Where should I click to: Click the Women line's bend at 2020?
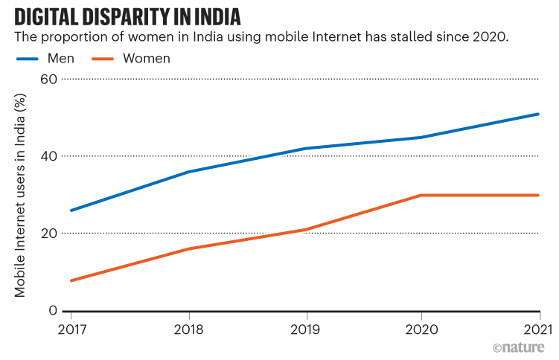point(421,195)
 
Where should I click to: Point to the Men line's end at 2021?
point(538,114)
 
